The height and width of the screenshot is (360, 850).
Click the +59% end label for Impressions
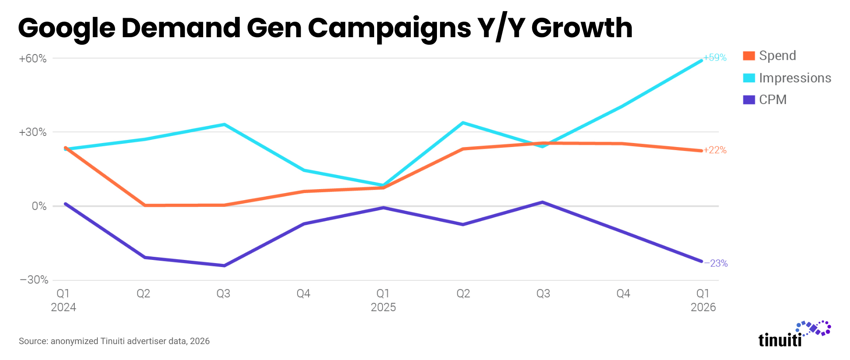coord(715,58)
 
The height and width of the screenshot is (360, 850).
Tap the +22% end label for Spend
coord(715,150)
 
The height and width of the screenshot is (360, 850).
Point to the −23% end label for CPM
coord(716,263)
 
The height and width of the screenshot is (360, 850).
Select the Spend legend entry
coord(769,56)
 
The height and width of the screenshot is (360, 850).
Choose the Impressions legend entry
coord(787,78)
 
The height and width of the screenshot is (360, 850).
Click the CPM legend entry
coord(765,100)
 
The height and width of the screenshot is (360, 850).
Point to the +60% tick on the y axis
coord(32,58)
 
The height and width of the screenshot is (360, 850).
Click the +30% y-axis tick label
coord(32,132)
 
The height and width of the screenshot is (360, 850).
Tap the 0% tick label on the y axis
coord(39,206)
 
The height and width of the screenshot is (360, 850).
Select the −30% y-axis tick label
coord(34,280)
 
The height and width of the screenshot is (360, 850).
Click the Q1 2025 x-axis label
coord(383,300)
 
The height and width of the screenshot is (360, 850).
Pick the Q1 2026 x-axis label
coord(703,300)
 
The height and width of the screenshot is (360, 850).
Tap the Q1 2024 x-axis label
coord(63,300)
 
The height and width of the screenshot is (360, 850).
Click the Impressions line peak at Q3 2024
coord(224,124)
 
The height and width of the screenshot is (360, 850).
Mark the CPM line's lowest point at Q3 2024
coord(224,266)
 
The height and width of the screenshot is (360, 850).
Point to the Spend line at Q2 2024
coord(145,205)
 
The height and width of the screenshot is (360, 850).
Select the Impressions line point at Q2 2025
coord(463,123)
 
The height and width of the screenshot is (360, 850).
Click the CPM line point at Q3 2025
coord(543,202)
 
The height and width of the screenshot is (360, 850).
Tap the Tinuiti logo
coord(795,334)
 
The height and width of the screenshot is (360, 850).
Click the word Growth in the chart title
coord(582,28)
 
